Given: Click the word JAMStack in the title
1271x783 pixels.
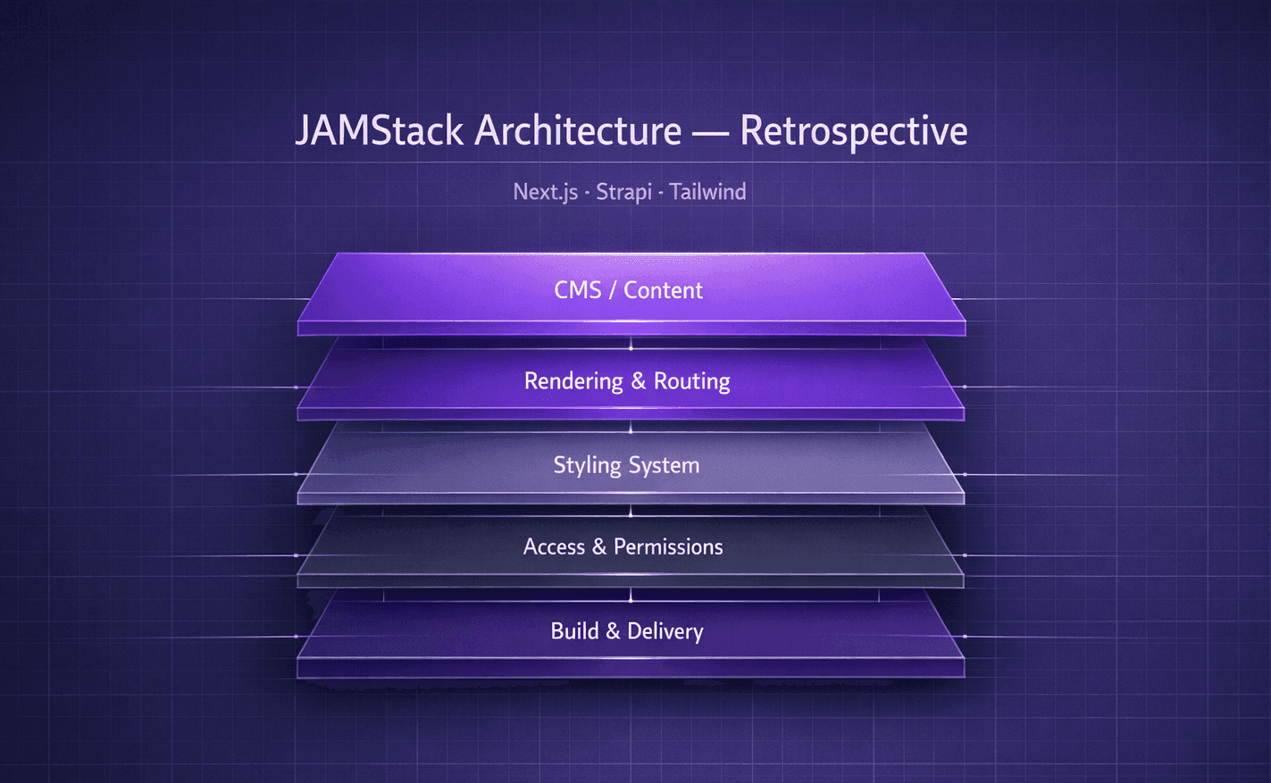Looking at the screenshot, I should coord(379,131).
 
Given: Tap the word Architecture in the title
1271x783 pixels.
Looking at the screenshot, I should coord(578,131).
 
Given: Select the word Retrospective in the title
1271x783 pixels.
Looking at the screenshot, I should coord(853,131).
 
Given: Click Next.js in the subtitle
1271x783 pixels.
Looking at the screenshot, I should coord(545,192).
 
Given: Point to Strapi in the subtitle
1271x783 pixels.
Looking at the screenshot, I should coord(623,192).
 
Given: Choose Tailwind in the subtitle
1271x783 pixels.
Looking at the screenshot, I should coord(707,192).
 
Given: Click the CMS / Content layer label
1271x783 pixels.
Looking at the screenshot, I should coord(628,290).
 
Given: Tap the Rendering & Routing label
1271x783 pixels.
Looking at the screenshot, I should coord(627,381).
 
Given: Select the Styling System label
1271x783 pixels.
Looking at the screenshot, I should coord(626,465).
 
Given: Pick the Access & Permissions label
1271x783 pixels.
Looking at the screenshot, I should coord(623,546).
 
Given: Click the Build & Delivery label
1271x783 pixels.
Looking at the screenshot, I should coord(627,631).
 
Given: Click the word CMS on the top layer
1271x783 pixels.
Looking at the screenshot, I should coord(577,290).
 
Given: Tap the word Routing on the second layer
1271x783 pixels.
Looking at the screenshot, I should coord(691,381).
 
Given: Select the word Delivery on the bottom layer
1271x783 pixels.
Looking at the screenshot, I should coord(665,631).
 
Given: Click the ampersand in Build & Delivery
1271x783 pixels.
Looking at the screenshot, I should coord(613,631).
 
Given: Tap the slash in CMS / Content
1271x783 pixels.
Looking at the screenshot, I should coord(613,290).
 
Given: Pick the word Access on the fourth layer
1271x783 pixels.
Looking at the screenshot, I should coord(554,546).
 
